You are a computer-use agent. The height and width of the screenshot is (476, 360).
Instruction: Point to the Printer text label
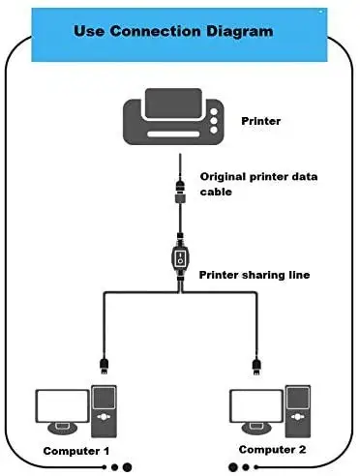pyautogui.click(x=260, y=122)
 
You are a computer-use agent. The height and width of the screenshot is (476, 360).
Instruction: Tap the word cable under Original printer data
pyautogui.click(x=217, y=192)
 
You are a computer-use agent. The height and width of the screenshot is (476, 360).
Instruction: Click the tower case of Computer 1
pyautogui.click(x=103, y=408)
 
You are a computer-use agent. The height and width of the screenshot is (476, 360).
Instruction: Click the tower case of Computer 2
pyautogui.click(x=296, y=408)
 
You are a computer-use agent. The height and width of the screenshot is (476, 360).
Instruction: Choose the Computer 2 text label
pyautogui.click(x=272, y=450)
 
